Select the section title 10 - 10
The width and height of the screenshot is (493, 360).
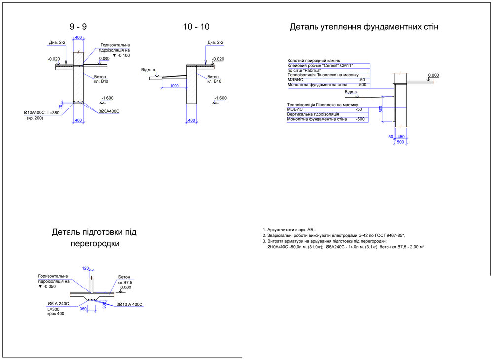tap(196, 27)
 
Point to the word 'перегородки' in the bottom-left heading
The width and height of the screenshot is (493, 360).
tap(94, 244)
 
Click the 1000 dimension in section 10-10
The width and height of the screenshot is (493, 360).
tap(174, 86)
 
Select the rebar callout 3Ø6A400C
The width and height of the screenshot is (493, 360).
tap(108, 111)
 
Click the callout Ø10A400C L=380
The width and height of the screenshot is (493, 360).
tap(41, 113)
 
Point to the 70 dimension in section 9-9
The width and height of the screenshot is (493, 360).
tap(60, 106)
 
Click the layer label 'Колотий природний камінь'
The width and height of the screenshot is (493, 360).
tap(314, 61)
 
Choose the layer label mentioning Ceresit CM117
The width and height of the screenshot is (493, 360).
tap(320, 66)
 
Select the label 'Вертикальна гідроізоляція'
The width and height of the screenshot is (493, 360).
tap(315, 114)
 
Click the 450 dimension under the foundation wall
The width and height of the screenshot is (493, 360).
tap(401, 137)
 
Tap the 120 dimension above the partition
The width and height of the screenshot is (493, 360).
tap(85, 268)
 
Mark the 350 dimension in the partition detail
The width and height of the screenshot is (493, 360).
tap(83, 309)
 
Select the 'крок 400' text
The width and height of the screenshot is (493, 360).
tap(56, 314)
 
